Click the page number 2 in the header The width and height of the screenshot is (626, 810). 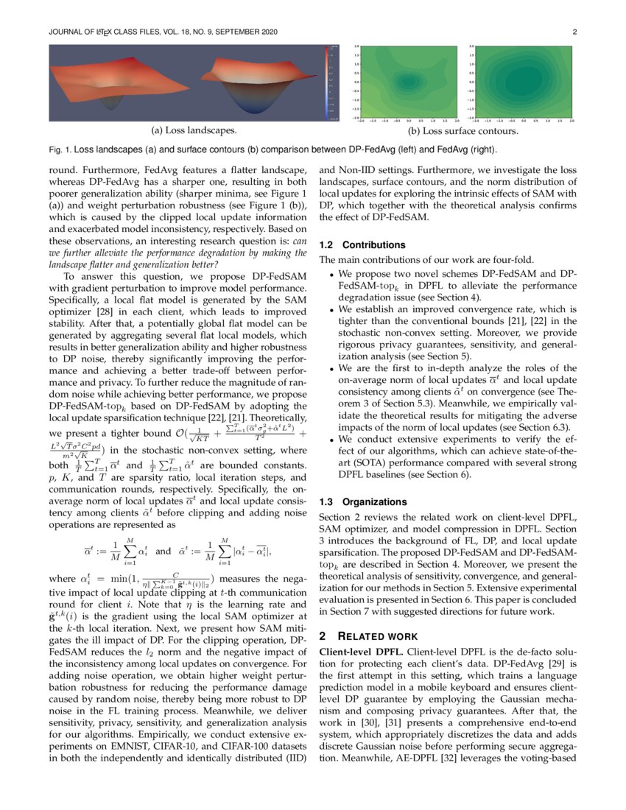click(573, 32)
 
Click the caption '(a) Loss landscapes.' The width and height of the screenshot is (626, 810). click(194, 130)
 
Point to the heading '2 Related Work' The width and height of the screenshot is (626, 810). click(367, 635)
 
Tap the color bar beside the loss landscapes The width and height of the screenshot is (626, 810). click(333, 82)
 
